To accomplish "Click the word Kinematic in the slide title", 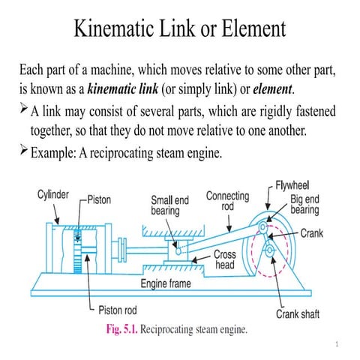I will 122,30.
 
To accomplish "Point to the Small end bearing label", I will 169,205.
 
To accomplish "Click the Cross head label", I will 225,260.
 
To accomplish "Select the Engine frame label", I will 166,284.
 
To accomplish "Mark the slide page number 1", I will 339,346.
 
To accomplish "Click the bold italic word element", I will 271,90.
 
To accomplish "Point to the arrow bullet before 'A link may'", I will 23,111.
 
